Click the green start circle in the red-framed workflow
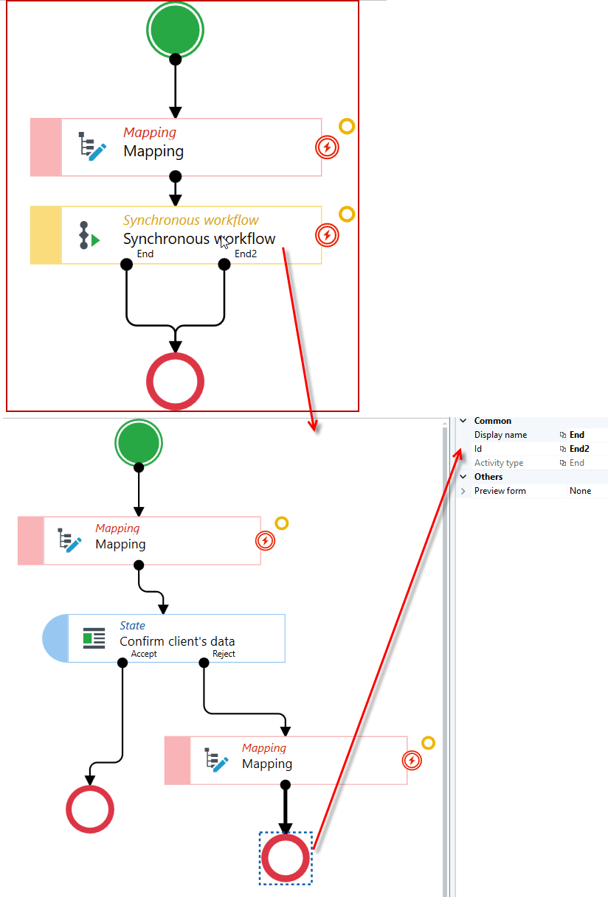coord(175,29)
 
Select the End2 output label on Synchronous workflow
coord(246,254)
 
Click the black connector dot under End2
coord(224,265)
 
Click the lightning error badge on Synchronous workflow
coord(327,235)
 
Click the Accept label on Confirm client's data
coord(144,654)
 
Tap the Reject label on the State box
coord(224,654)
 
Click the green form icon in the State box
coord(94,638)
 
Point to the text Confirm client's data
coord(177,641)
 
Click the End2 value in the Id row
coord(579,448)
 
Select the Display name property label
coord(500,435)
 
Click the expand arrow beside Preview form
coord(463,491)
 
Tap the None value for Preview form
coord(580,491)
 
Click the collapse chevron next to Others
coord(463,477)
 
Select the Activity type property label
coord(499,463)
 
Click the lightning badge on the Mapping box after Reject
coord(412,761)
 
